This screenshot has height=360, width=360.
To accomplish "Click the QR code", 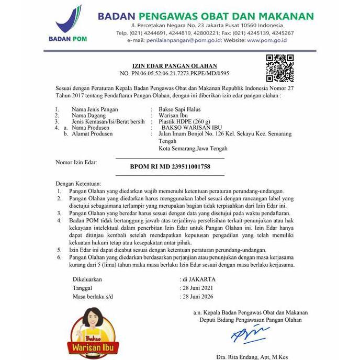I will tap(280, 67).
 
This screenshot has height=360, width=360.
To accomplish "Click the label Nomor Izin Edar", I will tap(76, 163).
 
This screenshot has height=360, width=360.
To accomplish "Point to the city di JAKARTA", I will tap(198, 279).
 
